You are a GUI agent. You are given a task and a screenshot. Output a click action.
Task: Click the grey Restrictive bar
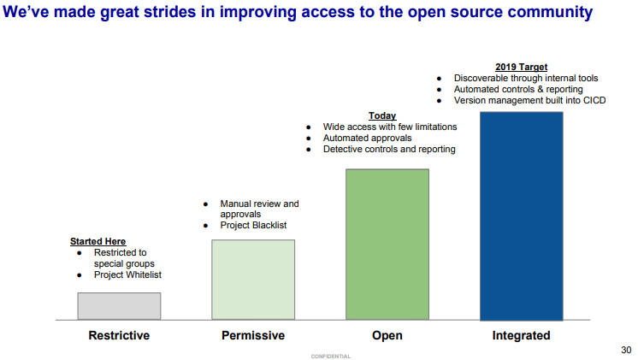pos(119,306)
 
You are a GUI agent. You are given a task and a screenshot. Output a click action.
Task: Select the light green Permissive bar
pos(253,280)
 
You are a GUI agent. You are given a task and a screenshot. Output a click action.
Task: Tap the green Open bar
pos(387,244)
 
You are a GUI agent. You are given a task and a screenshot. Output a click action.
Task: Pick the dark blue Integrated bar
pos(522,216)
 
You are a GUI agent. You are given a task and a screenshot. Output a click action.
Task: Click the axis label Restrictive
pos(119,335)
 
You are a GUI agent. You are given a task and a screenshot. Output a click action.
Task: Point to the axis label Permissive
pos(253,335)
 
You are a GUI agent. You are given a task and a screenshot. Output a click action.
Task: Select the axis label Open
pos(387,335)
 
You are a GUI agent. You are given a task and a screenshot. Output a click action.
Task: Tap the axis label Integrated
pos(521,335)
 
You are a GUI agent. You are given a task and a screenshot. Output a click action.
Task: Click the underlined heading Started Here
pos(98,241)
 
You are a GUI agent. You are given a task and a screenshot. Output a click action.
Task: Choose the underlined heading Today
pos(382,116)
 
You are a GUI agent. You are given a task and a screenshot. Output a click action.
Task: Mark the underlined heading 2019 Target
pos(521,67)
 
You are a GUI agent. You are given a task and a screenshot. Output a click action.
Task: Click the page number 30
pos(626,350)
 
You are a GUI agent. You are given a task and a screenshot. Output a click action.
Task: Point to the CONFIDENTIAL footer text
pos(331,357)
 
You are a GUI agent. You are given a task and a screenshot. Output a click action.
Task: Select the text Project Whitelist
pos(127,275)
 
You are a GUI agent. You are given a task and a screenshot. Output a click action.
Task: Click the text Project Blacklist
pos(253,226)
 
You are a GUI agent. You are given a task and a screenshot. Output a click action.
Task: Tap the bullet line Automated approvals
pos(368,139)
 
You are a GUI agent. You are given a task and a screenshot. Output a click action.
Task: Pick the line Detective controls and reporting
pos(389,150)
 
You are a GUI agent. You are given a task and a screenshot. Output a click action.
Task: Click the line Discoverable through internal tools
pos(526,78)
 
